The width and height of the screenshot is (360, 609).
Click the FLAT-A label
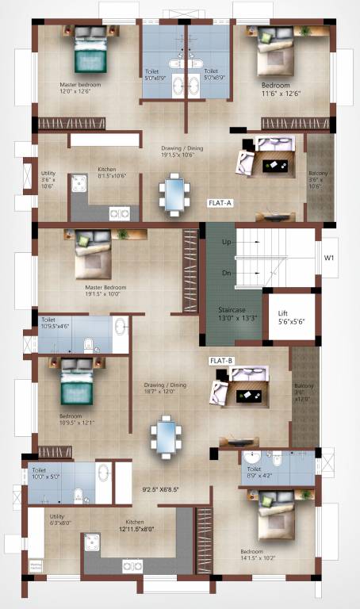[x=219, y=203]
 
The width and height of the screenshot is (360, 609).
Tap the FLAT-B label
[x=220, y=361]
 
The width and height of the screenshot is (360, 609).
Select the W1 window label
[x=329, y=258]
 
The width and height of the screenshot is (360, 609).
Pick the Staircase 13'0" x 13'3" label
[x=235, y=315]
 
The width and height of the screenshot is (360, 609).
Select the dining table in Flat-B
[x=166, y=437]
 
